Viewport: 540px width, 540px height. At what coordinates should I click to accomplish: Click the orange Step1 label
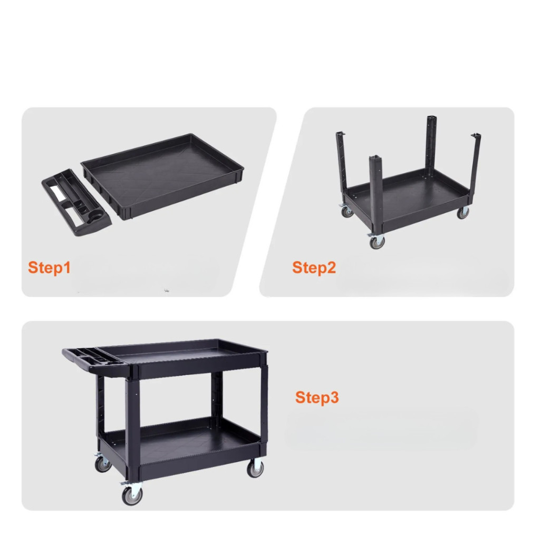pos(49,267)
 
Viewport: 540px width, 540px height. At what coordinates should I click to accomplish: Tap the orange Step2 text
pos(314,267)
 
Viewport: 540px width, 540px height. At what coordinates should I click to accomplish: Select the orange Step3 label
pos(317,398)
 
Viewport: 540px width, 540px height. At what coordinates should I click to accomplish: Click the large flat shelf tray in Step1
pos(162,176)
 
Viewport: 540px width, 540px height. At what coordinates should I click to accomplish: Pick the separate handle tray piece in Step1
pos(76,202)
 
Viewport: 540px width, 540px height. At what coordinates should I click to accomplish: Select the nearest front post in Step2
pos(376,193)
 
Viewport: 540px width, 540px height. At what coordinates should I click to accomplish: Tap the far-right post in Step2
pos(475,165)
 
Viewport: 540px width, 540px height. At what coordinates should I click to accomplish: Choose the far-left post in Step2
pos(342,162)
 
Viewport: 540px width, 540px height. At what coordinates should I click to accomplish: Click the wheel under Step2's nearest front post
pos(377,242)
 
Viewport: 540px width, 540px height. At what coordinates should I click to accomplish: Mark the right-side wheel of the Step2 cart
pos(462,213)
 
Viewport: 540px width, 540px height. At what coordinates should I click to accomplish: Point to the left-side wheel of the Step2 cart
pos(347,211)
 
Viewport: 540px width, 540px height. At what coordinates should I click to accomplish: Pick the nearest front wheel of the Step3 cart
pos(132,495)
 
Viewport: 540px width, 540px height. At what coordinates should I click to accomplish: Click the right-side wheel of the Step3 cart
pos(255,469)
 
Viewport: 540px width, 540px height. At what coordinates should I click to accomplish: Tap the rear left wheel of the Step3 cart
pos(103,464)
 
